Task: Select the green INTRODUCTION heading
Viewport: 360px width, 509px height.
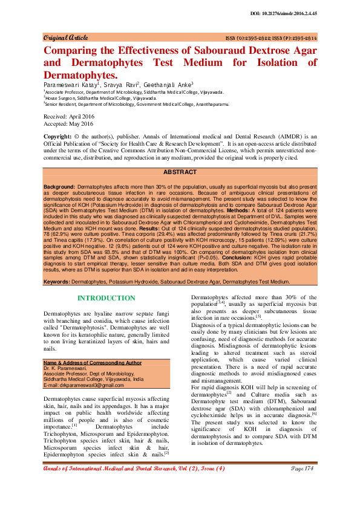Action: [106, 298]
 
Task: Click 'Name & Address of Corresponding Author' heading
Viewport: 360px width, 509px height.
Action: [93, 362]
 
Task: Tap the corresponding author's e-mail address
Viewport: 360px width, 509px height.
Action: [83, 384]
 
